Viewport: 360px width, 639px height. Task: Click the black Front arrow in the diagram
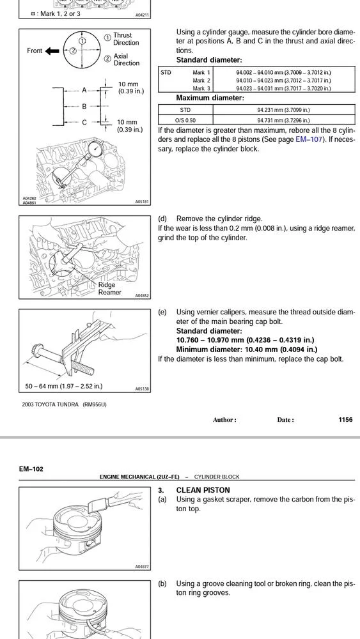click(52, 51)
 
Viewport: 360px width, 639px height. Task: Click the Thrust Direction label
click(126, 39)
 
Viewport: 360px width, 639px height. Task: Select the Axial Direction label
click(126, 59)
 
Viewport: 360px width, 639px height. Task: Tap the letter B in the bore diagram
click(84, 106)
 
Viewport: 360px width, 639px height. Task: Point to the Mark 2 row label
click(201, 81)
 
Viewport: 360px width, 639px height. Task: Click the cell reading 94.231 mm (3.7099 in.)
click(284, 110)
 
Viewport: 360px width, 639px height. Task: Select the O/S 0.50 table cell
click(185, 120)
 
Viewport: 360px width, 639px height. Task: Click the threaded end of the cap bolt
click(86, 367)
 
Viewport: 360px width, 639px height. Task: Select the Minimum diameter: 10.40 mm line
click(247, 350)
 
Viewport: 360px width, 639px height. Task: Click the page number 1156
click(345, 419)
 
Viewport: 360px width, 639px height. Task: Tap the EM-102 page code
click(31, 469)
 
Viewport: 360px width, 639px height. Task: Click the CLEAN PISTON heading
click(203, 490)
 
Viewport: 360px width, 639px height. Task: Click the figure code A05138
click(143, 389)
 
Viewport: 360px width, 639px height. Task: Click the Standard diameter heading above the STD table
click(208, 60)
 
